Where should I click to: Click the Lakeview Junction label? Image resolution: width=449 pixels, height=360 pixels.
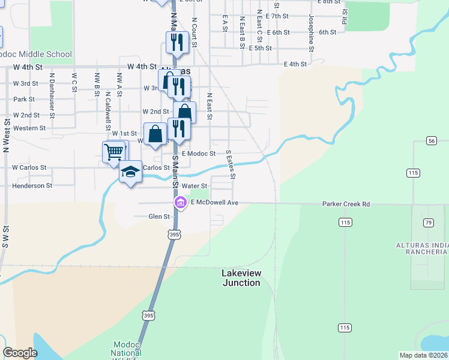(241, 278)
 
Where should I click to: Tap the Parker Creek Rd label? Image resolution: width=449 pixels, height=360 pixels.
(346, 204)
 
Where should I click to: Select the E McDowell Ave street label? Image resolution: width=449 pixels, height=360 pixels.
(215, 203)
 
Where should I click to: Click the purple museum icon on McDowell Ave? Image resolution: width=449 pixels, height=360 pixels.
(180, 203)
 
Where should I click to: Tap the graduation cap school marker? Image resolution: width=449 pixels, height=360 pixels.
(131, 172)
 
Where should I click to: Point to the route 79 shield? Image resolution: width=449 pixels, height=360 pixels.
(428, 223)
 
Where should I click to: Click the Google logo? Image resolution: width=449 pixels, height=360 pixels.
(20, 353)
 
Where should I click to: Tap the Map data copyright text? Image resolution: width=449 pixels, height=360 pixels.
(424, 355)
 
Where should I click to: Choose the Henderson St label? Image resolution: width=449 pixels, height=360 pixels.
(32, 186)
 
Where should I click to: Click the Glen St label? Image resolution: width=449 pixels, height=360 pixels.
(159, 216)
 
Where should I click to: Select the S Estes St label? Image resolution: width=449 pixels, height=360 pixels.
(231, 164)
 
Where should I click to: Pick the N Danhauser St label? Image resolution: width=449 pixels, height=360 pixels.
(52, 90)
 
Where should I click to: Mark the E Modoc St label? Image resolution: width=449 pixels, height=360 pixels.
(198, 154)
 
